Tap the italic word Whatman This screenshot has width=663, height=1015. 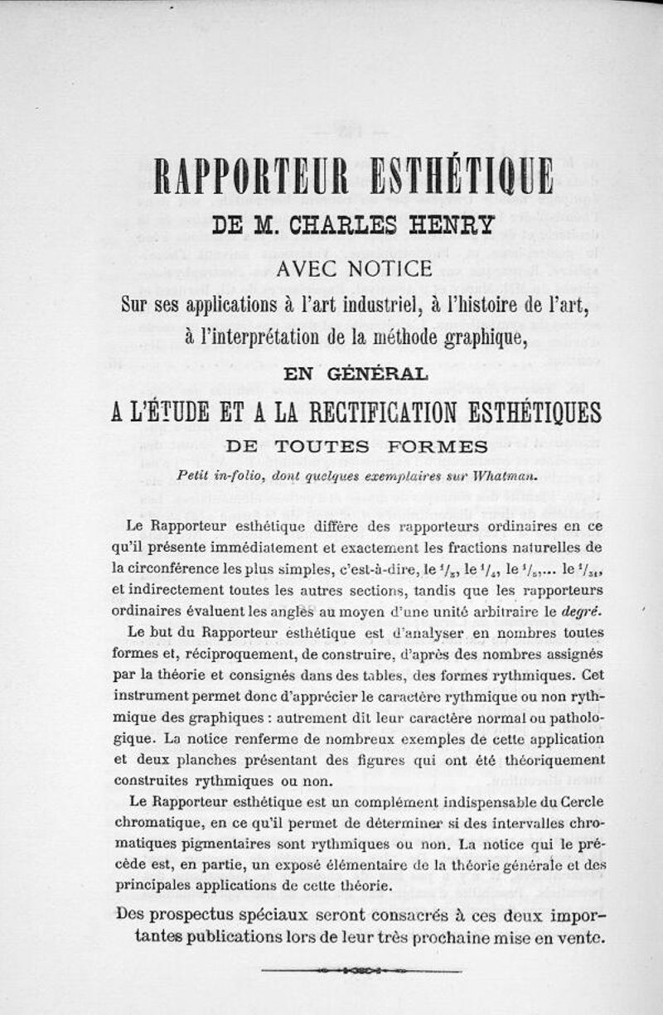point(507,476)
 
